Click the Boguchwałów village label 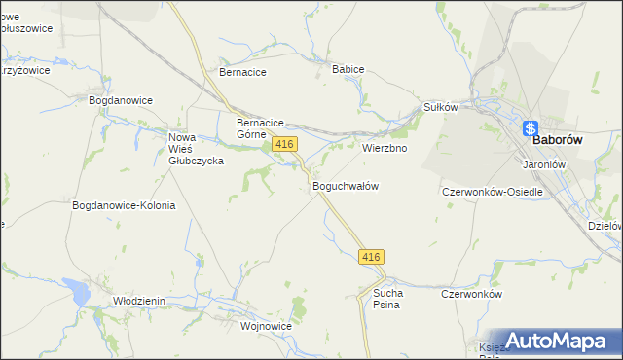tap(345, 185)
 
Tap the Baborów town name tap(557, 140)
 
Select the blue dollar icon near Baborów tap(531, 128)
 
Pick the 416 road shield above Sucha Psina tap(371, 257)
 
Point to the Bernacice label tap(243, 72)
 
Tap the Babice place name tap(348, 70)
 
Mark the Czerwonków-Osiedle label tap(492, 192)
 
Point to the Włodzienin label tap(139, 302)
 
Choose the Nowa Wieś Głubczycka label tap(196, 149)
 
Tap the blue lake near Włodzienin tap(75, 289)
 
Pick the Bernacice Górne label tap(260, 128)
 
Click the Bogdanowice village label tap(121, 100)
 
